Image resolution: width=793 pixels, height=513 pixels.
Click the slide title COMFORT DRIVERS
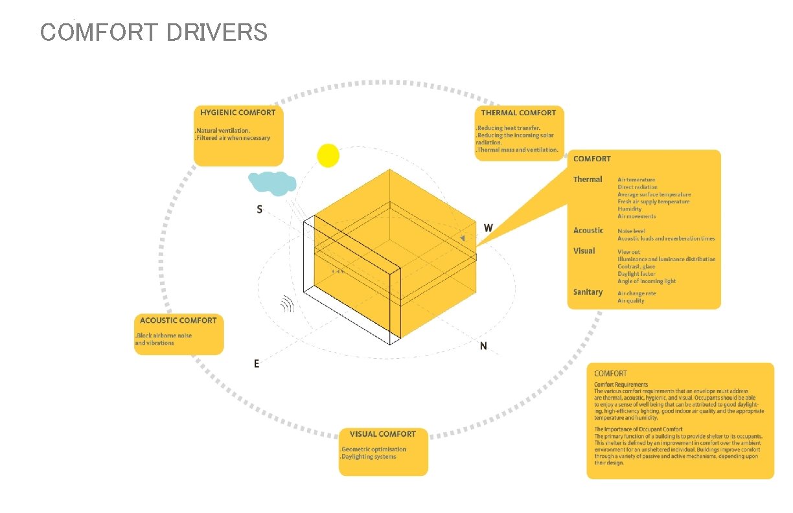[x=154, y=32]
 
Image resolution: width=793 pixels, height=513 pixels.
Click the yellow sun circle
[x=328, y=155]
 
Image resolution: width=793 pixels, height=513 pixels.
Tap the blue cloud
[x=272, y=183]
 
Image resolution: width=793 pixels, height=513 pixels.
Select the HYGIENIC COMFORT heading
[x=238, y=113]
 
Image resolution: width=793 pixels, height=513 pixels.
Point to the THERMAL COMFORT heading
[x=518, y=113]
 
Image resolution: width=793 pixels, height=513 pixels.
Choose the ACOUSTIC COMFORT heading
[x=178, y=321]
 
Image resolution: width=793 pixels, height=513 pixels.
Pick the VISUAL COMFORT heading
[x=383, y=434]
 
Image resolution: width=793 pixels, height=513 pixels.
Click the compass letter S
[x=260, y=210]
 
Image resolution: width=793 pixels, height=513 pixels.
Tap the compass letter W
[x=488, y=228]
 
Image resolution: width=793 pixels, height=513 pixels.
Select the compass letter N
[x=483, y=347]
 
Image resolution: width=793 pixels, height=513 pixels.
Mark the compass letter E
[x=257, y=364]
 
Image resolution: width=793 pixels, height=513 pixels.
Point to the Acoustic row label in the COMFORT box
[x=588, y=231]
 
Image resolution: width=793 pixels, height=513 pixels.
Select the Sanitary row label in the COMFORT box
[x=588, y=292]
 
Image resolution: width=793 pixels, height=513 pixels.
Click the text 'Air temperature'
[x=636, y=179]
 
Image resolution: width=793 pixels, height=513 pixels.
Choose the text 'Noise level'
[x=632, y=231]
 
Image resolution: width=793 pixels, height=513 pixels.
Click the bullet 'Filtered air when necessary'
[x=233, y=138]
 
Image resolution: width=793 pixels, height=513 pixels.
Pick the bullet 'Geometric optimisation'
[x=374, y=449]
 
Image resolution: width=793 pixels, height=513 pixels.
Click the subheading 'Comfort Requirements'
[x=621, y=385]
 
